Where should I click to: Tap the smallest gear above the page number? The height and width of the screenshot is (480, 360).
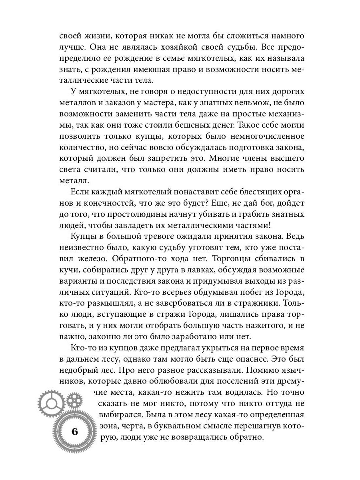click(x=73, y=399)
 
